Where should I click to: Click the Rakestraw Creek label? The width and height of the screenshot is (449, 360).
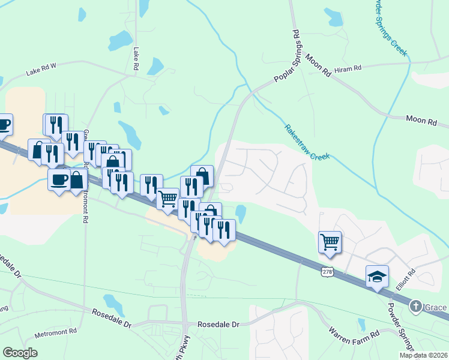tap(307, 142)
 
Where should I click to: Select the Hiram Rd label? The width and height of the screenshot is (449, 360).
tap(348, 69)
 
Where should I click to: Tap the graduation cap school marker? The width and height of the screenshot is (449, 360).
tap(377, 276)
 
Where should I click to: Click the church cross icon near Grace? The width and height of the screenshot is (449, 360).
tap(415, 307)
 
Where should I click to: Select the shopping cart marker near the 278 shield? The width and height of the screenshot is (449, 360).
tap(330, 242)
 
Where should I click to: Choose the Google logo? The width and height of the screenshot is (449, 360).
tap(20, 352)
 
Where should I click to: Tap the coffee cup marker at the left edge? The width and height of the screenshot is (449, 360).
tap(4, 124)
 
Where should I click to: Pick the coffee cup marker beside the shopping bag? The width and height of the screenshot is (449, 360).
tap(59, 179)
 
